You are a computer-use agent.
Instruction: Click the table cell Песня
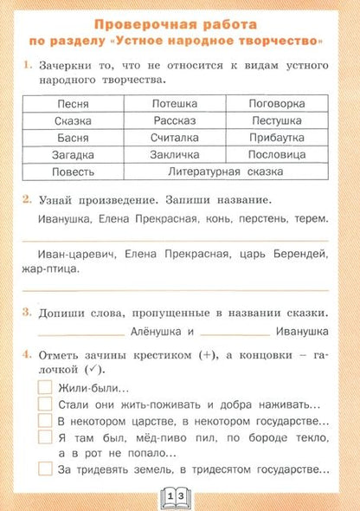[72, 103]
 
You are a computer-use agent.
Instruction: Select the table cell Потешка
[174, 103]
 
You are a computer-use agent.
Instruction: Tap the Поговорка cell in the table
[276, 103]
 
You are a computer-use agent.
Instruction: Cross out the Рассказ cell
[174, 120]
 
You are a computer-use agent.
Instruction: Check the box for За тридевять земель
[46, 469]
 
